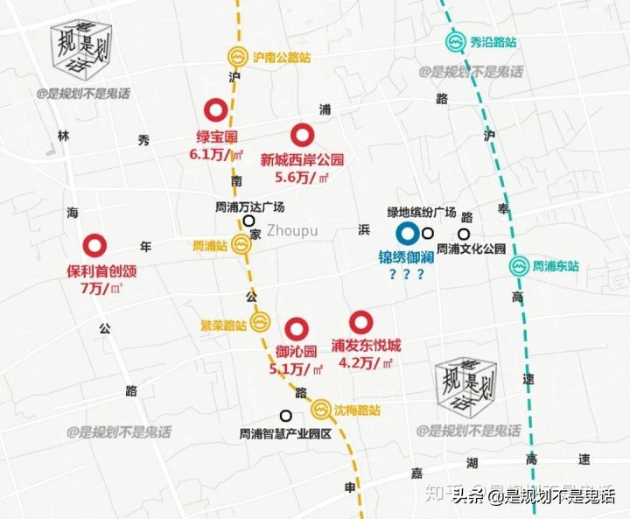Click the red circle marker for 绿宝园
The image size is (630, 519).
click(x=214, y=110)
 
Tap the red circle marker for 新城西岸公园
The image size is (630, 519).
click(x=303, y=134)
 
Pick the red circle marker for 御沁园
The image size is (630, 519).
click(x=297, y=328)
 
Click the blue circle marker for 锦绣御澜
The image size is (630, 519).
click(x=406, y=234)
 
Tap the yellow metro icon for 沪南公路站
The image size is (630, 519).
click(x=237, y=57)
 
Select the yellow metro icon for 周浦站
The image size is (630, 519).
click(x=241, y=246)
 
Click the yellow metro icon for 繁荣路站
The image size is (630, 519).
click(x=260, y=325)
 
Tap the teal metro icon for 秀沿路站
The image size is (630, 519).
click(x=456, y=41)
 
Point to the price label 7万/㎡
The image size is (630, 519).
click(x=101, y=288)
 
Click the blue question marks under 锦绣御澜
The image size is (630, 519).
click(x=407, y=275)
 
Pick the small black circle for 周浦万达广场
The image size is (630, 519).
click(x=249, y=222)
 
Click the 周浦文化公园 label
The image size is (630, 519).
click(x=472, y=249)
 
